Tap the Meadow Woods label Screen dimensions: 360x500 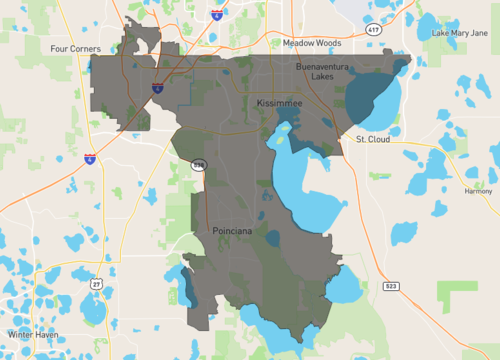pyautogui.click(x=311, y=44)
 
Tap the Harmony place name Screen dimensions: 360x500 pyautogui.click(x=478, y=191)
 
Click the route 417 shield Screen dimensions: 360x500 pyautogui.click(x=373, y=31)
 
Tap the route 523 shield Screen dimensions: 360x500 pyautogui.click(x=390, y=287)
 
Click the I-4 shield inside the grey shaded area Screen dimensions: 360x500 pyautogui.click(x=158, y=88)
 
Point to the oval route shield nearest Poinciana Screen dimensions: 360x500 pyautogui.click(x=200, y=164)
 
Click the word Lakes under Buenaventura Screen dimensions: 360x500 pyautogui.click(x=322, y=76)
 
